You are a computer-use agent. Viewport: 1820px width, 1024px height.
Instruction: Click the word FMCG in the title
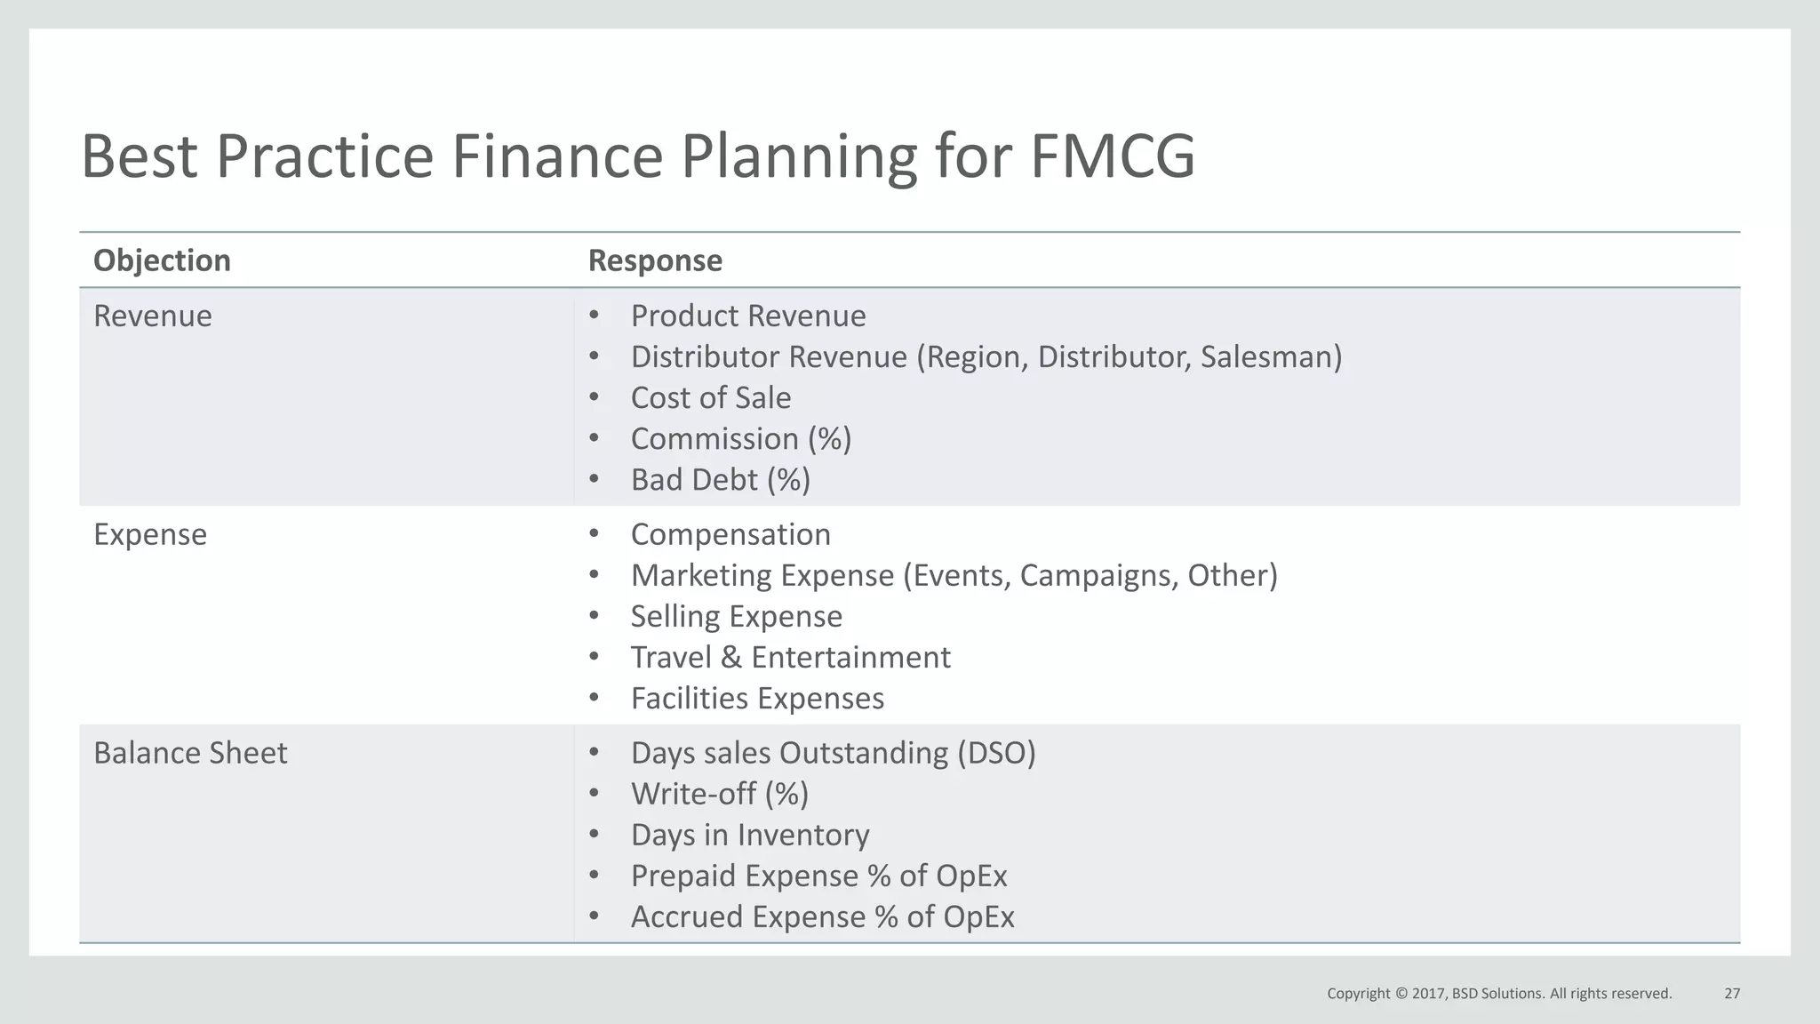[x=1113, y=156]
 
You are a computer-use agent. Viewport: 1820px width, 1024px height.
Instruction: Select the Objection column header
[x=162, y=260]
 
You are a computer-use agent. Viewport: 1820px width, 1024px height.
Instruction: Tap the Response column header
[x=655, y=260]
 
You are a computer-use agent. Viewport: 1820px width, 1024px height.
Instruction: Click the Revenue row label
[x=153, y=316]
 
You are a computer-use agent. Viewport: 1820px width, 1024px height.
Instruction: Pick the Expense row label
[x=150, y=534]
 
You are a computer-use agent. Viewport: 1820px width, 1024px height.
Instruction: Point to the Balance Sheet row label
[x=190, y=753]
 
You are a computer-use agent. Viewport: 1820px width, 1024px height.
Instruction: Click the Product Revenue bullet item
[x=747, y=316]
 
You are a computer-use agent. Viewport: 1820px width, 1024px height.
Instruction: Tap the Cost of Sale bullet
[x=710, y=397]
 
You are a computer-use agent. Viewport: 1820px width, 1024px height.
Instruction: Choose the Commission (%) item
[x=740, y=438]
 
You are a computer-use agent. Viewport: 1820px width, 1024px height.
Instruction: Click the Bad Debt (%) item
[x=720, y=479]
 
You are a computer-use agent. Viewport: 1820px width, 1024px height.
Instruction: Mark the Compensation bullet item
[x=730, y=534]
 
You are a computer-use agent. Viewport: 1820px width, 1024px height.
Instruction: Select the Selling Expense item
[x=736, y=616]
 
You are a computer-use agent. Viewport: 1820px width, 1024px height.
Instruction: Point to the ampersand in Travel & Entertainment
[x=731, y=657]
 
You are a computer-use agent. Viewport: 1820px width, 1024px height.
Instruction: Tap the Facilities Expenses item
[x=757, y=698]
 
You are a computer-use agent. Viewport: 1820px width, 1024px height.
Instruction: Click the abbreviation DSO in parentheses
[x=996, y=753]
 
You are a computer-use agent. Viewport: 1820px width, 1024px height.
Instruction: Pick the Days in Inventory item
[x=750, y=835]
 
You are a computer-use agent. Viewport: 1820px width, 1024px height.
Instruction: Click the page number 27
[x=1732, y=993]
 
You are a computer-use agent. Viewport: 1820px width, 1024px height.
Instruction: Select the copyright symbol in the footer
[x=1401, y=993]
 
